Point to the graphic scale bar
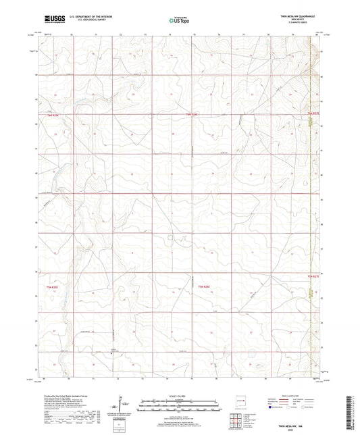point(179,406)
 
